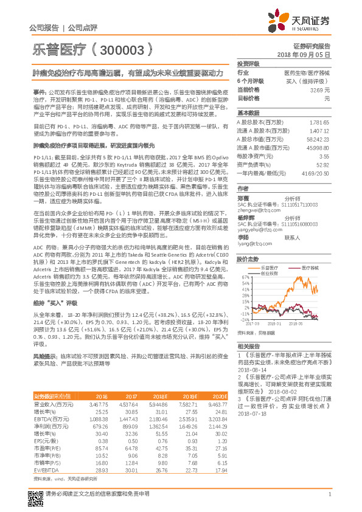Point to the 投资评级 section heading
pyautogui.click(x=248, y=64)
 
